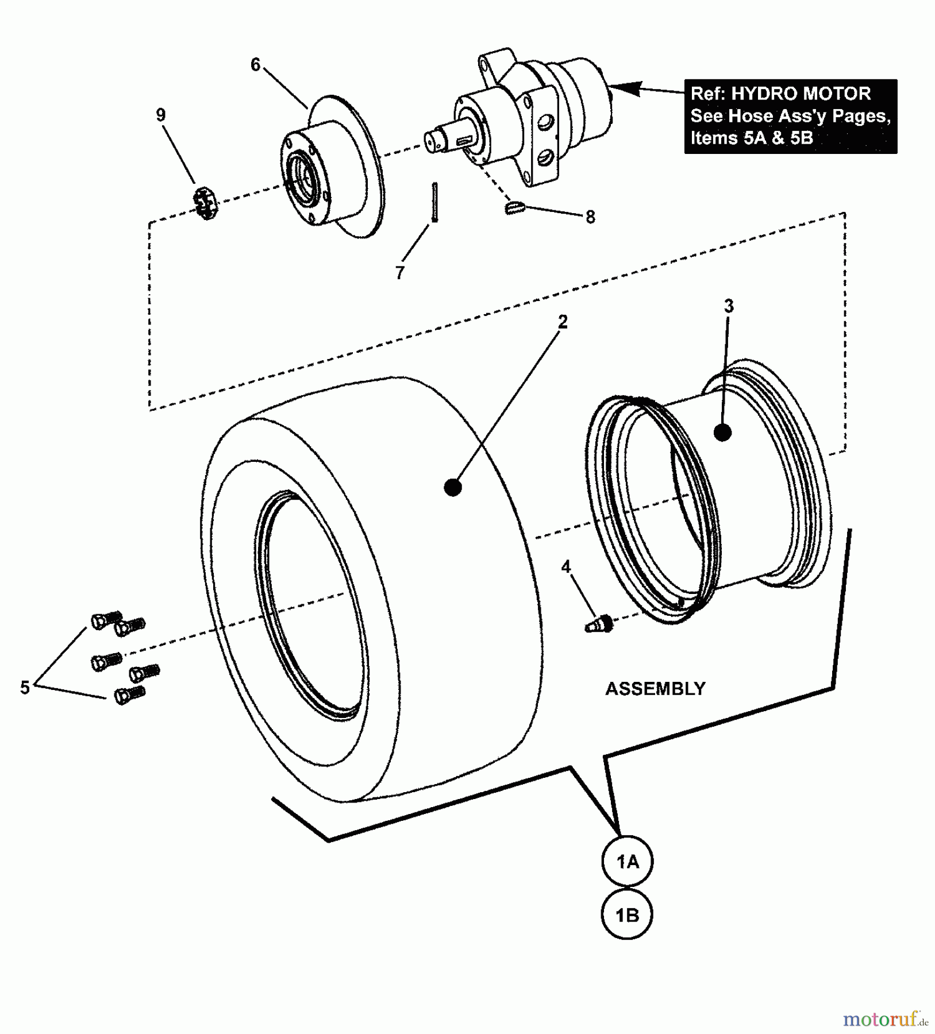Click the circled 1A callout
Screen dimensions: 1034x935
point(627,862)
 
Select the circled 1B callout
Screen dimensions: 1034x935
point(627,915)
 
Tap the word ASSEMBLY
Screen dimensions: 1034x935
point(655,689)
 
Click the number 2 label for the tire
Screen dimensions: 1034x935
point(563,322)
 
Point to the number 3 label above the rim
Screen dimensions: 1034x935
point(729,306)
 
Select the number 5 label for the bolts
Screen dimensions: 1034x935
point(25,688)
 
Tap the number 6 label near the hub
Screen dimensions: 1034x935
point(256,64)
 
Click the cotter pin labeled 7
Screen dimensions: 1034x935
point(435,201)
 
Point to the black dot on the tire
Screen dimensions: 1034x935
point(453,488)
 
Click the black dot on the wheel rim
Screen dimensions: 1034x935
point(722,432)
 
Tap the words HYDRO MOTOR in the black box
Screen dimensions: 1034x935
point(801,94)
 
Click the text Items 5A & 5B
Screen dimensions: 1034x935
point(751,138)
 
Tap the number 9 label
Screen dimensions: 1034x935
point(161,115)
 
